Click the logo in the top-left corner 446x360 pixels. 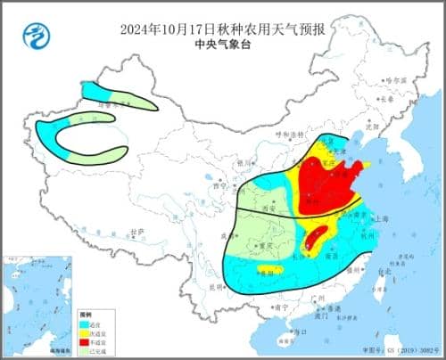35,37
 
